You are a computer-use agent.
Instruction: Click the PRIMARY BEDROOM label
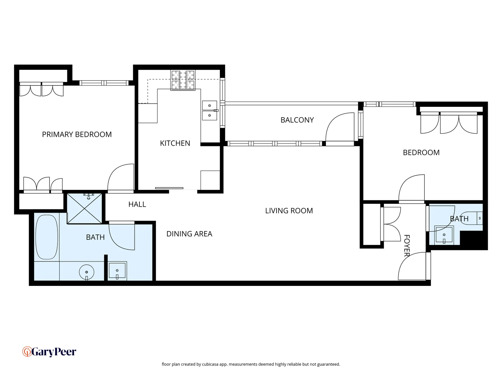click(x=77, y=134)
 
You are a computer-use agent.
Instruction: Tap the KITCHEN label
click(x=175, y=143)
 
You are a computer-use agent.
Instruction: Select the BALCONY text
click(x=297, y=120)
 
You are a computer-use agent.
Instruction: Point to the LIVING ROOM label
click(x=289, y=211)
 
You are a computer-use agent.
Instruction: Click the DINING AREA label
click(x=189, y=234)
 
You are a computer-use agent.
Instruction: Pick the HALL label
click(x=137, y=205)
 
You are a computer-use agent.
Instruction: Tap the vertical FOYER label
click(x=406, y=246)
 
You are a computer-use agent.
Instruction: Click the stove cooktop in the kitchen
click(x=183, y=80)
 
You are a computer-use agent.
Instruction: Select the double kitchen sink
click(x=210, y=110)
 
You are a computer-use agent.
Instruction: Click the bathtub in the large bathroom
click(x=47, y=237)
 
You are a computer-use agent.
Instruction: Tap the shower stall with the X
click(x=85, y=208)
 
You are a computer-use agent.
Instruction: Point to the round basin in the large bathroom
click(x=86, y=272)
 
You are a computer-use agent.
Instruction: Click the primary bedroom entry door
click(x=121, y=178)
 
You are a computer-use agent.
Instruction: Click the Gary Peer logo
click(x=49, y=352)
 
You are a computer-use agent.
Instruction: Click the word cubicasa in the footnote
click(x=210, y=364)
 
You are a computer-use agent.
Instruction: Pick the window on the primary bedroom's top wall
click(x=104, y=83)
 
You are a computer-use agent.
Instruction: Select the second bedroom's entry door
click(x=411, y=188)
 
